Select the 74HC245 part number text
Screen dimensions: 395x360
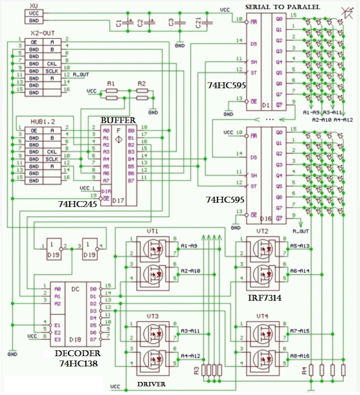pyautogui.click(x=77, y=204)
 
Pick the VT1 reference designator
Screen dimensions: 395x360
pyautogui.click(x=152, y=231)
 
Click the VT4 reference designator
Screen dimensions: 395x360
pyautogui.click(x=262, y=316)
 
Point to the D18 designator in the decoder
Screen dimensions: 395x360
pyautogui.click(x=76, y=339)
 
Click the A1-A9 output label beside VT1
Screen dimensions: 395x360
pyautogui.click(x=189, y=246)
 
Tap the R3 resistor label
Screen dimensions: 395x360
pyautogui.click(x=197, y=371)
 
